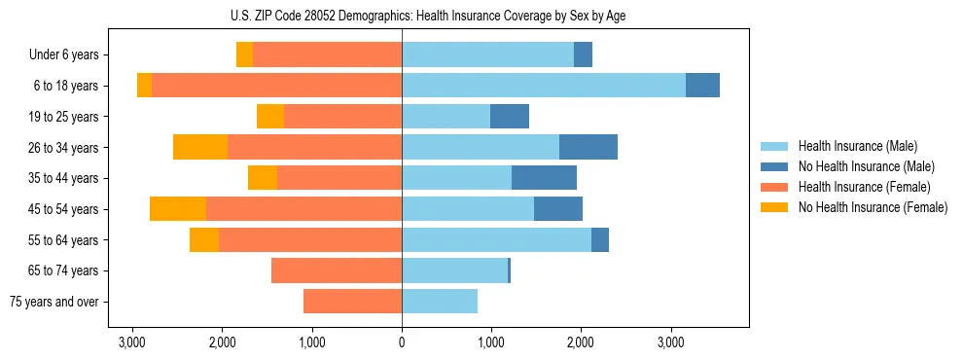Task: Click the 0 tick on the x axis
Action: point(402,342)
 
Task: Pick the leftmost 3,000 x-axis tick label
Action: point(132,342)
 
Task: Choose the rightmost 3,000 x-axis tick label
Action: point(670,342)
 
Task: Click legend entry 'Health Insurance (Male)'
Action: point(857,146)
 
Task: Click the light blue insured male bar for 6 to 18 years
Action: point(544,86)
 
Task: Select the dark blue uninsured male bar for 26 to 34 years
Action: point(588,147)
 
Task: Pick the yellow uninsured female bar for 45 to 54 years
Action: point(178,209)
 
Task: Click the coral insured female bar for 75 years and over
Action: point(352,302)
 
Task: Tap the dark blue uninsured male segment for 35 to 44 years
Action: point(544,178)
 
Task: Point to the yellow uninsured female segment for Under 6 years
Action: point(244,55)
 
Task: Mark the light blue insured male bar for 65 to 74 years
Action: point(454,270)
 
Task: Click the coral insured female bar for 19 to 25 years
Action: point(342,117)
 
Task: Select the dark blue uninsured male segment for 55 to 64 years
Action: point(600,239)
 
